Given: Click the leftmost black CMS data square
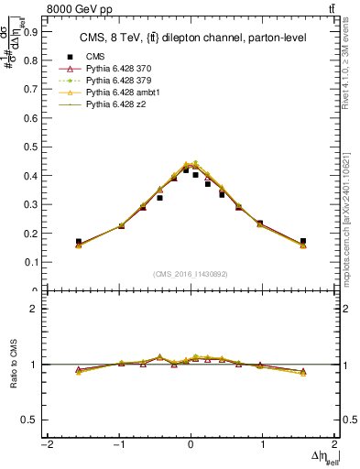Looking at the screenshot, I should click(79, 242).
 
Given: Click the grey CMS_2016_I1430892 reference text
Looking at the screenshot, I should click(191, 274).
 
